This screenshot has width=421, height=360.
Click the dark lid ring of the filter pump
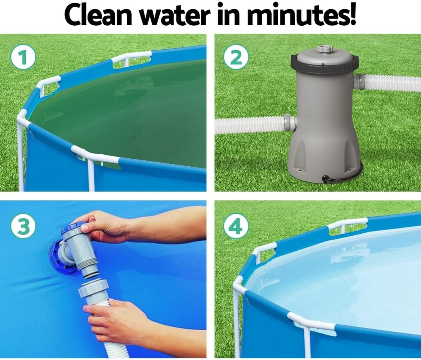coord(324,67)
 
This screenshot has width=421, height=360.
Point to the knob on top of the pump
coord(325,49)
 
